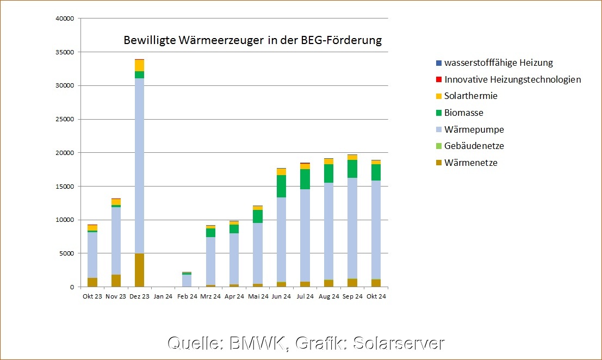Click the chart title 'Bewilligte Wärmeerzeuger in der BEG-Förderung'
pyautogui.click(x=253, y=40)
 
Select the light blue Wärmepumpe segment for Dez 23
pyautogui.click(x=139, y=163)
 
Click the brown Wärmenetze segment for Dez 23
pyautogui.click(x=139, y=270)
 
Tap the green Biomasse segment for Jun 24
pyautogui.click(x=281, y=186)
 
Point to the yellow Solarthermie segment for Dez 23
pyautogui.click(x=139, y=65)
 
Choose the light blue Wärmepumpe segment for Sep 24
pyautogui.click(x=352, y=228)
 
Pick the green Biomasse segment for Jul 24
pyautogui.click(x=305, y=179)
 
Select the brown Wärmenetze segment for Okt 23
pyautogui.click(x=92, y=282)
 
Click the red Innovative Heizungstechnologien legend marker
pyautogui.click(x=438, y=79)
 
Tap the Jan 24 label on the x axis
pyautogui.click(x=163, y=296)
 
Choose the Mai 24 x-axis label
pyautogui.click(x=257, y=296)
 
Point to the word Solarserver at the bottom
pyautogui.click(x=399, y=343)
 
